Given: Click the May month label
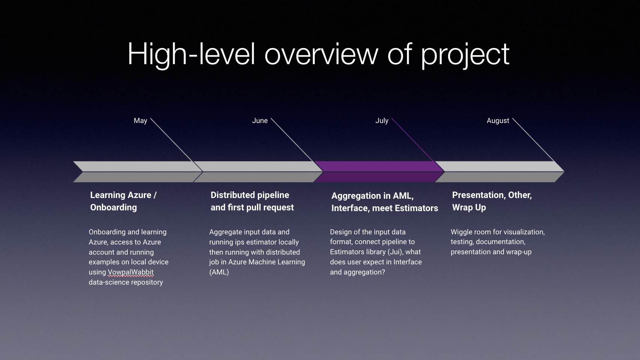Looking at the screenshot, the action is click(x=140, y=121).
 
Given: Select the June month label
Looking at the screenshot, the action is click(x=260, y=121).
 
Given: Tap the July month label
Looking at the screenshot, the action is click(x=382, y=121).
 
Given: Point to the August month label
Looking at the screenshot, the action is click(x=498, y=121).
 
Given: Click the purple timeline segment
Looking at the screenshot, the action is click(x=379, y=172).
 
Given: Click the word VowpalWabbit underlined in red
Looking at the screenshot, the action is click(x=130, y=272).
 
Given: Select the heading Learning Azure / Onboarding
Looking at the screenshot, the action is click(x=123, y=201).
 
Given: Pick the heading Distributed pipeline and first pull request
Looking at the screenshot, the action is click(x=252, y=201).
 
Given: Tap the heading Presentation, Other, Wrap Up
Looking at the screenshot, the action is click(x=492, y=201).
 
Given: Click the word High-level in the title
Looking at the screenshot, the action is click(x=191, y=54).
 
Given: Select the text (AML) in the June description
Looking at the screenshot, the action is click(x=219, y=272).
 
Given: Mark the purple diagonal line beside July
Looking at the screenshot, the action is click(x=413, y=139).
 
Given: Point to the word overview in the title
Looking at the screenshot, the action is click(x=321, y=54).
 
